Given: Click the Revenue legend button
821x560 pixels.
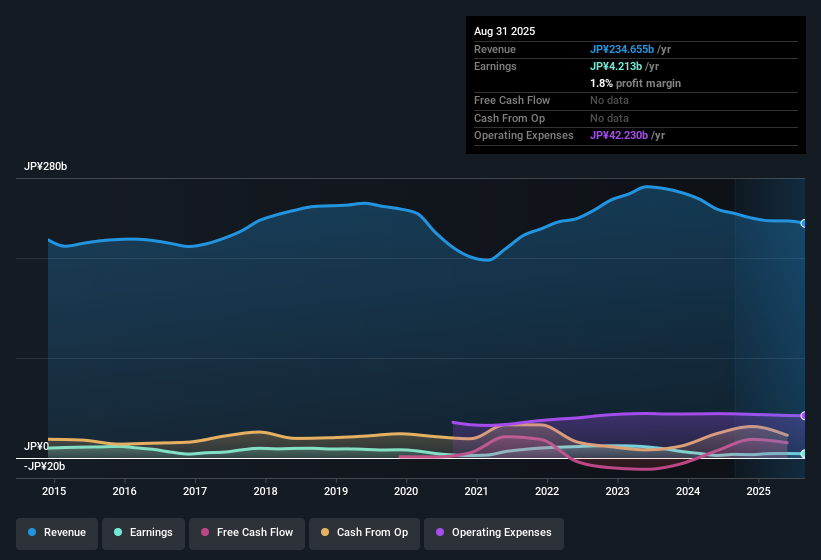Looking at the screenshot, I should point(57,532).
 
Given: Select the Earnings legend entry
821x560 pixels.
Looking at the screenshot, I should point(143,532).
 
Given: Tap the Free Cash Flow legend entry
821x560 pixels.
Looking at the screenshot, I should point(247,532).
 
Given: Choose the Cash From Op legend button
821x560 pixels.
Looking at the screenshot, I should point(364,532).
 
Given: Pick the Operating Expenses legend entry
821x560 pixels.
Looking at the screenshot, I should point(494,532).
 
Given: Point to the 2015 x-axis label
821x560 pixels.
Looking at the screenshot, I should point(54,491).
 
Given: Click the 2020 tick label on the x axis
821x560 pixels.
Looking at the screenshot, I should point(406,491).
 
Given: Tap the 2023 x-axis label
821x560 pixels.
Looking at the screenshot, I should point(617,491).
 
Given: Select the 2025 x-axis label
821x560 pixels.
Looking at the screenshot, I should point(758,491).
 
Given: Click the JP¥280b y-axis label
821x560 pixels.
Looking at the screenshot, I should point(45,166).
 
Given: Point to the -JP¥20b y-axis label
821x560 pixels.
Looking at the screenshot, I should point(44,466).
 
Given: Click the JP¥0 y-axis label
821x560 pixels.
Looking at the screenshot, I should point(36,446).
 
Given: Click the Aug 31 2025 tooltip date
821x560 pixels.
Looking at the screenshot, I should point(504,31).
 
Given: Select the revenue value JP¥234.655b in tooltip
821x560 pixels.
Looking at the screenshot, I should point(622,49).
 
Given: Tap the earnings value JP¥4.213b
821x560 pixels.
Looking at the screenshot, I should point(616,66).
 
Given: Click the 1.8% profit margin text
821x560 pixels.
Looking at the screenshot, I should point(635,83).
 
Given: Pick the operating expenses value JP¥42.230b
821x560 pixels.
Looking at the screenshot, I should point(619,135).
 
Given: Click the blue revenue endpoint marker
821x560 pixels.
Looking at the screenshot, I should point(803,223).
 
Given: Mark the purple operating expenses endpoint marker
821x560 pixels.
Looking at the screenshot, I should point(803,415).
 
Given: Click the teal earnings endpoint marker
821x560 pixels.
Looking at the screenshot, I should point(803,454).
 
